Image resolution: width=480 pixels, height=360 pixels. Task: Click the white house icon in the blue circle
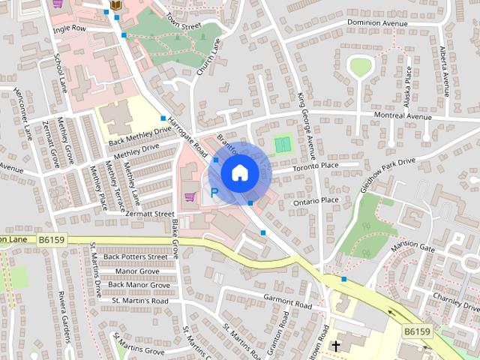[239, 172]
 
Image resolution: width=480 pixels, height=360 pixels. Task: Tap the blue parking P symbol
[215, 193]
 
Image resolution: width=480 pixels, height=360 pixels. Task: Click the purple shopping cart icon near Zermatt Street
[190, 197]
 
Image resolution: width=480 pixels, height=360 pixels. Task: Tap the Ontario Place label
[316, 200]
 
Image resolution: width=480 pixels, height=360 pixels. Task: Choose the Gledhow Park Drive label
[388, 174]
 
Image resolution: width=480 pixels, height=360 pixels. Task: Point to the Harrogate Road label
[187, 136]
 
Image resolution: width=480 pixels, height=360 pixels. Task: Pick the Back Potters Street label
[136, 256]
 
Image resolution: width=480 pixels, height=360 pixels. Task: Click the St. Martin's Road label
[140, 300]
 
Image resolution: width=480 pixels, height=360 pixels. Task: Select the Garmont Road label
[287, 301]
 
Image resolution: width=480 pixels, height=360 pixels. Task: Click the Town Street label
[184, 21]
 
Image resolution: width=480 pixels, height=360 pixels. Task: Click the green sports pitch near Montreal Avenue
[282, 142]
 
